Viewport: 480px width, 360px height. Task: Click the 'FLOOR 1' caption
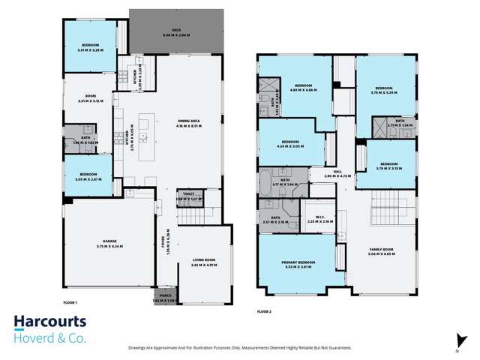[x=72, y=301]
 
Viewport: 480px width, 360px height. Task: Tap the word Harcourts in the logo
[x=51, y=322]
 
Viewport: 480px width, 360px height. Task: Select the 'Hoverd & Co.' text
[x=51, y=337]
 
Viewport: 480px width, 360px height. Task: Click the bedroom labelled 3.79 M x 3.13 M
[x=388, y=166]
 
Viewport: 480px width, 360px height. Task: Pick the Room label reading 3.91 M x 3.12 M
[x=88, y=98]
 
